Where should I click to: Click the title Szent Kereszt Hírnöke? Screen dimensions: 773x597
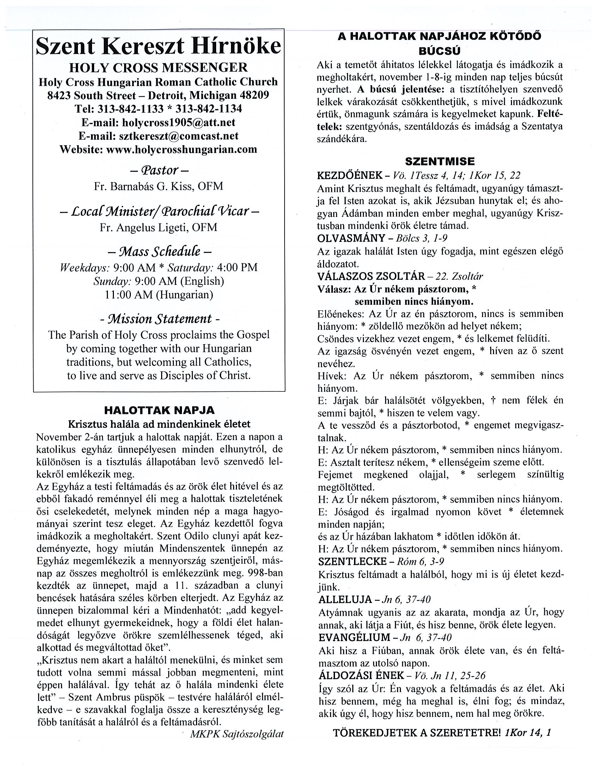[159, 46]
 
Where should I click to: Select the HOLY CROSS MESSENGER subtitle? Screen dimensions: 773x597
[158, 67]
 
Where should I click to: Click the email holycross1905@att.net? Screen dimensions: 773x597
[178, 122]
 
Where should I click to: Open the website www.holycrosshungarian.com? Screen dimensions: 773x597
[182, 150]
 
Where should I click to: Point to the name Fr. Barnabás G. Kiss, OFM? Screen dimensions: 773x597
[159, 186]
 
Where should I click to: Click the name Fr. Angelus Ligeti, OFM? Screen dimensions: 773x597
[159, 227]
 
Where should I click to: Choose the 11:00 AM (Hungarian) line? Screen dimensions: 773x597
[159, 294]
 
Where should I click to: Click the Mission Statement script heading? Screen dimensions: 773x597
[160, 319]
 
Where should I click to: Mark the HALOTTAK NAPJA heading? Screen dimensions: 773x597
[159, 410]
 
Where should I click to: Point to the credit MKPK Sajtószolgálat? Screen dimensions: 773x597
[237, 734]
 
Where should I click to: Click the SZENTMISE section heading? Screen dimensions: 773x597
[439, 162]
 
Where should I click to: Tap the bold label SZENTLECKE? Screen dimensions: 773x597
[353, 561]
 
